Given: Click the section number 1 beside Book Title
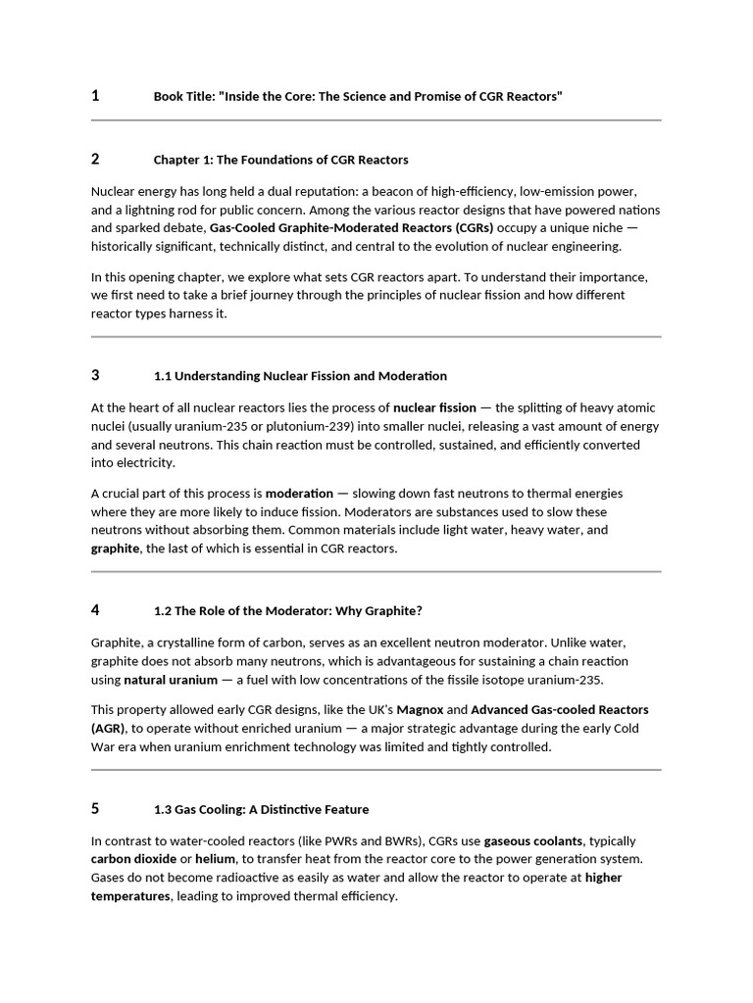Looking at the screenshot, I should [x=95, y=96].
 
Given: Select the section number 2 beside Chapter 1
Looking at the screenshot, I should [x=95, y=159].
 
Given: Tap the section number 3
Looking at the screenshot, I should [x=95, y=375].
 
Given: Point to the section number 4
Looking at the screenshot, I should [x=95, y=610].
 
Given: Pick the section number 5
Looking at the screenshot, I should [x=95, y=809].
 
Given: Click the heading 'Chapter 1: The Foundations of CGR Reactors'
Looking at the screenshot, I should [x=280, y=160].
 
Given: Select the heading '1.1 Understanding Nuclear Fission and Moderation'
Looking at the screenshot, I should [x=300, y=376].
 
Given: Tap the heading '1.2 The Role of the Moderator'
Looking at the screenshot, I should [x=288, y=611].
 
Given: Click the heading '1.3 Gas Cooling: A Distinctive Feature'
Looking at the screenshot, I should [x=262, y=810].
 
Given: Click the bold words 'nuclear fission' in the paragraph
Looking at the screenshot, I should [x=434, y=407].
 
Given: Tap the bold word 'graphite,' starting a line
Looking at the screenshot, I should [x=116, y=549].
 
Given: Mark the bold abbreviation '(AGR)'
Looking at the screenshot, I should [x=108, y=728].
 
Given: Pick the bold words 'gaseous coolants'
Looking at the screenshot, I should [x=532, y=841].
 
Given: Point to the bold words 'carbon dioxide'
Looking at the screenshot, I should [x=134, y=859].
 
